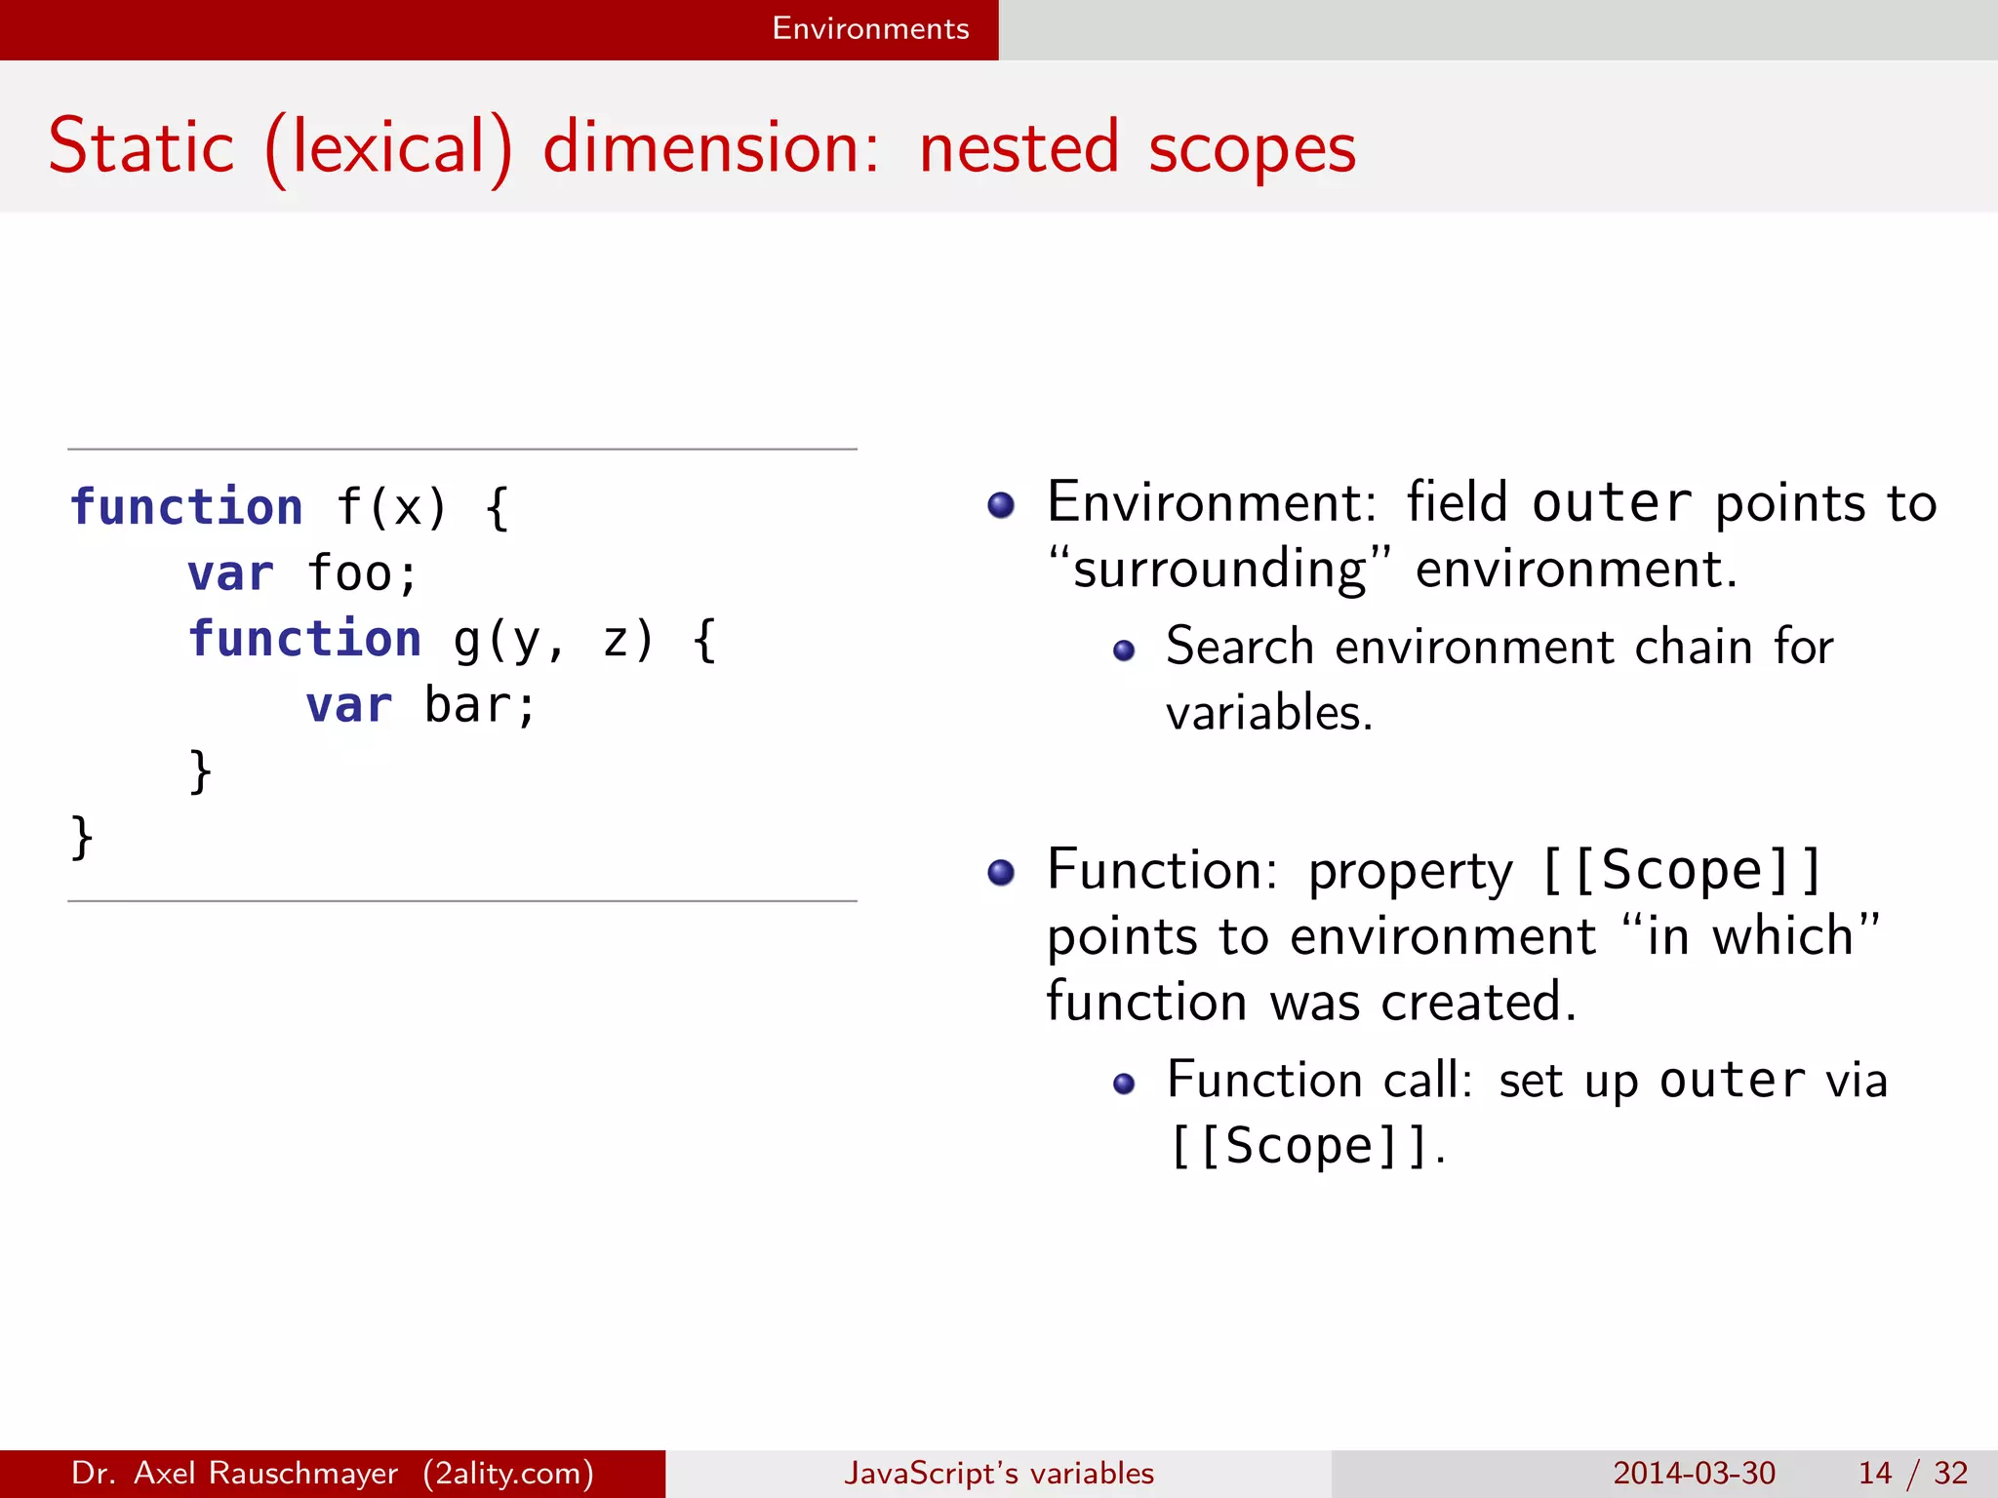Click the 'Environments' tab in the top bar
tap(870, 28)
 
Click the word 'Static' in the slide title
tap(141, 147)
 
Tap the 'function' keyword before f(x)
tap(186, 507)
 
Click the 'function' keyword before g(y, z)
tap(304, 640)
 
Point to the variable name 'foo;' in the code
tap(362, 573)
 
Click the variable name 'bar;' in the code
tap(480, 705)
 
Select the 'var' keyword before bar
tap(348, 705)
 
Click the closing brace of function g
tap(200, 771)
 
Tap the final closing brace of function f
tap(82, 838)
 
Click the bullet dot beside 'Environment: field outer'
tap(1001, 504)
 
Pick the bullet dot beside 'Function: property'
tap(1001, 871)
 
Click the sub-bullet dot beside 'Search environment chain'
tap(1124, 650)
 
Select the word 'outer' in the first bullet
tap(1611, 504)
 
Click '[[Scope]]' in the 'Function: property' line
tap(1680, 871)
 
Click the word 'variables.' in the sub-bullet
tap(1269, 713)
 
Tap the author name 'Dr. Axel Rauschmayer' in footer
tap(234, 1473)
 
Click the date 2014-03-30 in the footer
tap(1694, 1473)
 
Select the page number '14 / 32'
tap(1912, 1473)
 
